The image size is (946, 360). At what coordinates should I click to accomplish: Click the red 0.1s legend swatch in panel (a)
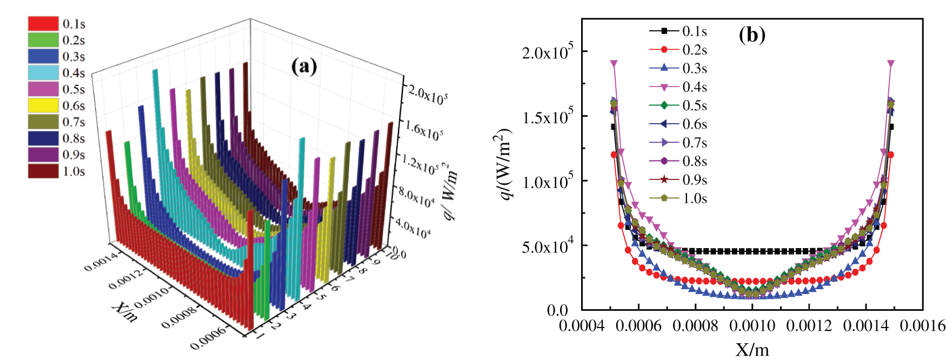tap(43, 23)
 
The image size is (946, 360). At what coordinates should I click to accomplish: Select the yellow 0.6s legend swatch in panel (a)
tap(43, 105)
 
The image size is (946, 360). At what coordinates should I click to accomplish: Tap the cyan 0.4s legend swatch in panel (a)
tap(43, 72)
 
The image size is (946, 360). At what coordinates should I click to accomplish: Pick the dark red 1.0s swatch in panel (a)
tap(43, 171)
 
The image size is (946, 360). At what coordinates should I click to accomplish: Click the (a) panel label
tap(304, 66)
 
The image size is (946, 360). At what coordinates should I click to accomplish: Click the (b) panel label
tap(752, 35)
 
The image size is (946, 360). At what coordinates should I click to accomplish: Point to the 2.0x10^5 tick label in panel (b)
tap(547, 52)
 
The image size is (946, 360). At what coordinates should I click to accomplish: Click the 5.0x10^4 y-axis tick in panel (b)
tap(547, 246)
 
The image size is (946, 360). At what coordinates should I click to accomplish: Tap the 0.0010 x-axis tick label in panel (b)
tap(752, 325)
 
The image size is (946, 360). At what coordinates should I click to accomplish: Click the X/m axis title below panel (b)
tap(752, 349)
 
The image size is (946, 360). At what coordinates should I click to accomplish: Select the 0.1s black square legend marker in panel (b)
tap(664, 31)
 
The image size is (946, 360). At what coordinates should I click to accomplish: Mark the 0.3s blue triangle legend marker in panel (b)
tap(664, 68)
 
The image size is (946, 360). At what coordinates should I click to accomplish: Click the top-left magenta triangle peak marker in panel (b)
tap(614, 64)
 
